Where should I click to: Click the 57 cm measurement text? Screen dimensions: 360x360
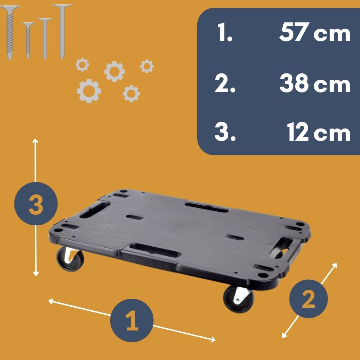[x=315, y=32]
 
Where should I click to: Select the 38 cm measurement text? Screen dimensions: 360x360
[x=315, y=83]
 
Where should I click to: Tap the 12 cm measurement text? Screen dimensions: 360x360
[x=319, y=131]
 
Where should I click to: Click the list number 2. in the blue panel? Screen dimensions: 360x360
[x=225, y=83]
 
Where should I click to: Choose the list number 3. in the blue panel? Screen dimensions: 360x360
[x=225, y=131]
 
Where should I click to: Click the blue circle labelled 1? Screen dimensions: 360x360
[x=132, y=320]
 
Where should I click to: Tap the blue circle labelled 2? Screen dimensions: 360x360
[x=309, y=299]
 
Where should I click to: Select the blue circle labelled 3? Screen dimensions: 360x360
[x=36, y=204]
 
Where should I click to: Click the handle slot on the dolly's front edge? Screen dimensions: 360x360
[x=155, y=251]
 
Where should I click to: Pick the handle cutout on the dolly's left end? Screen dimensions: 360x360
[x=94, y=210]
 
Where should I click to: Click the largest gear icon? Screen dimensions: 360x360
[x=89, y=91]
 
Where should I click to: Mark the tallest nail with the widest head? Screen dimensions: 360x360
[x=62, y=32]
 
